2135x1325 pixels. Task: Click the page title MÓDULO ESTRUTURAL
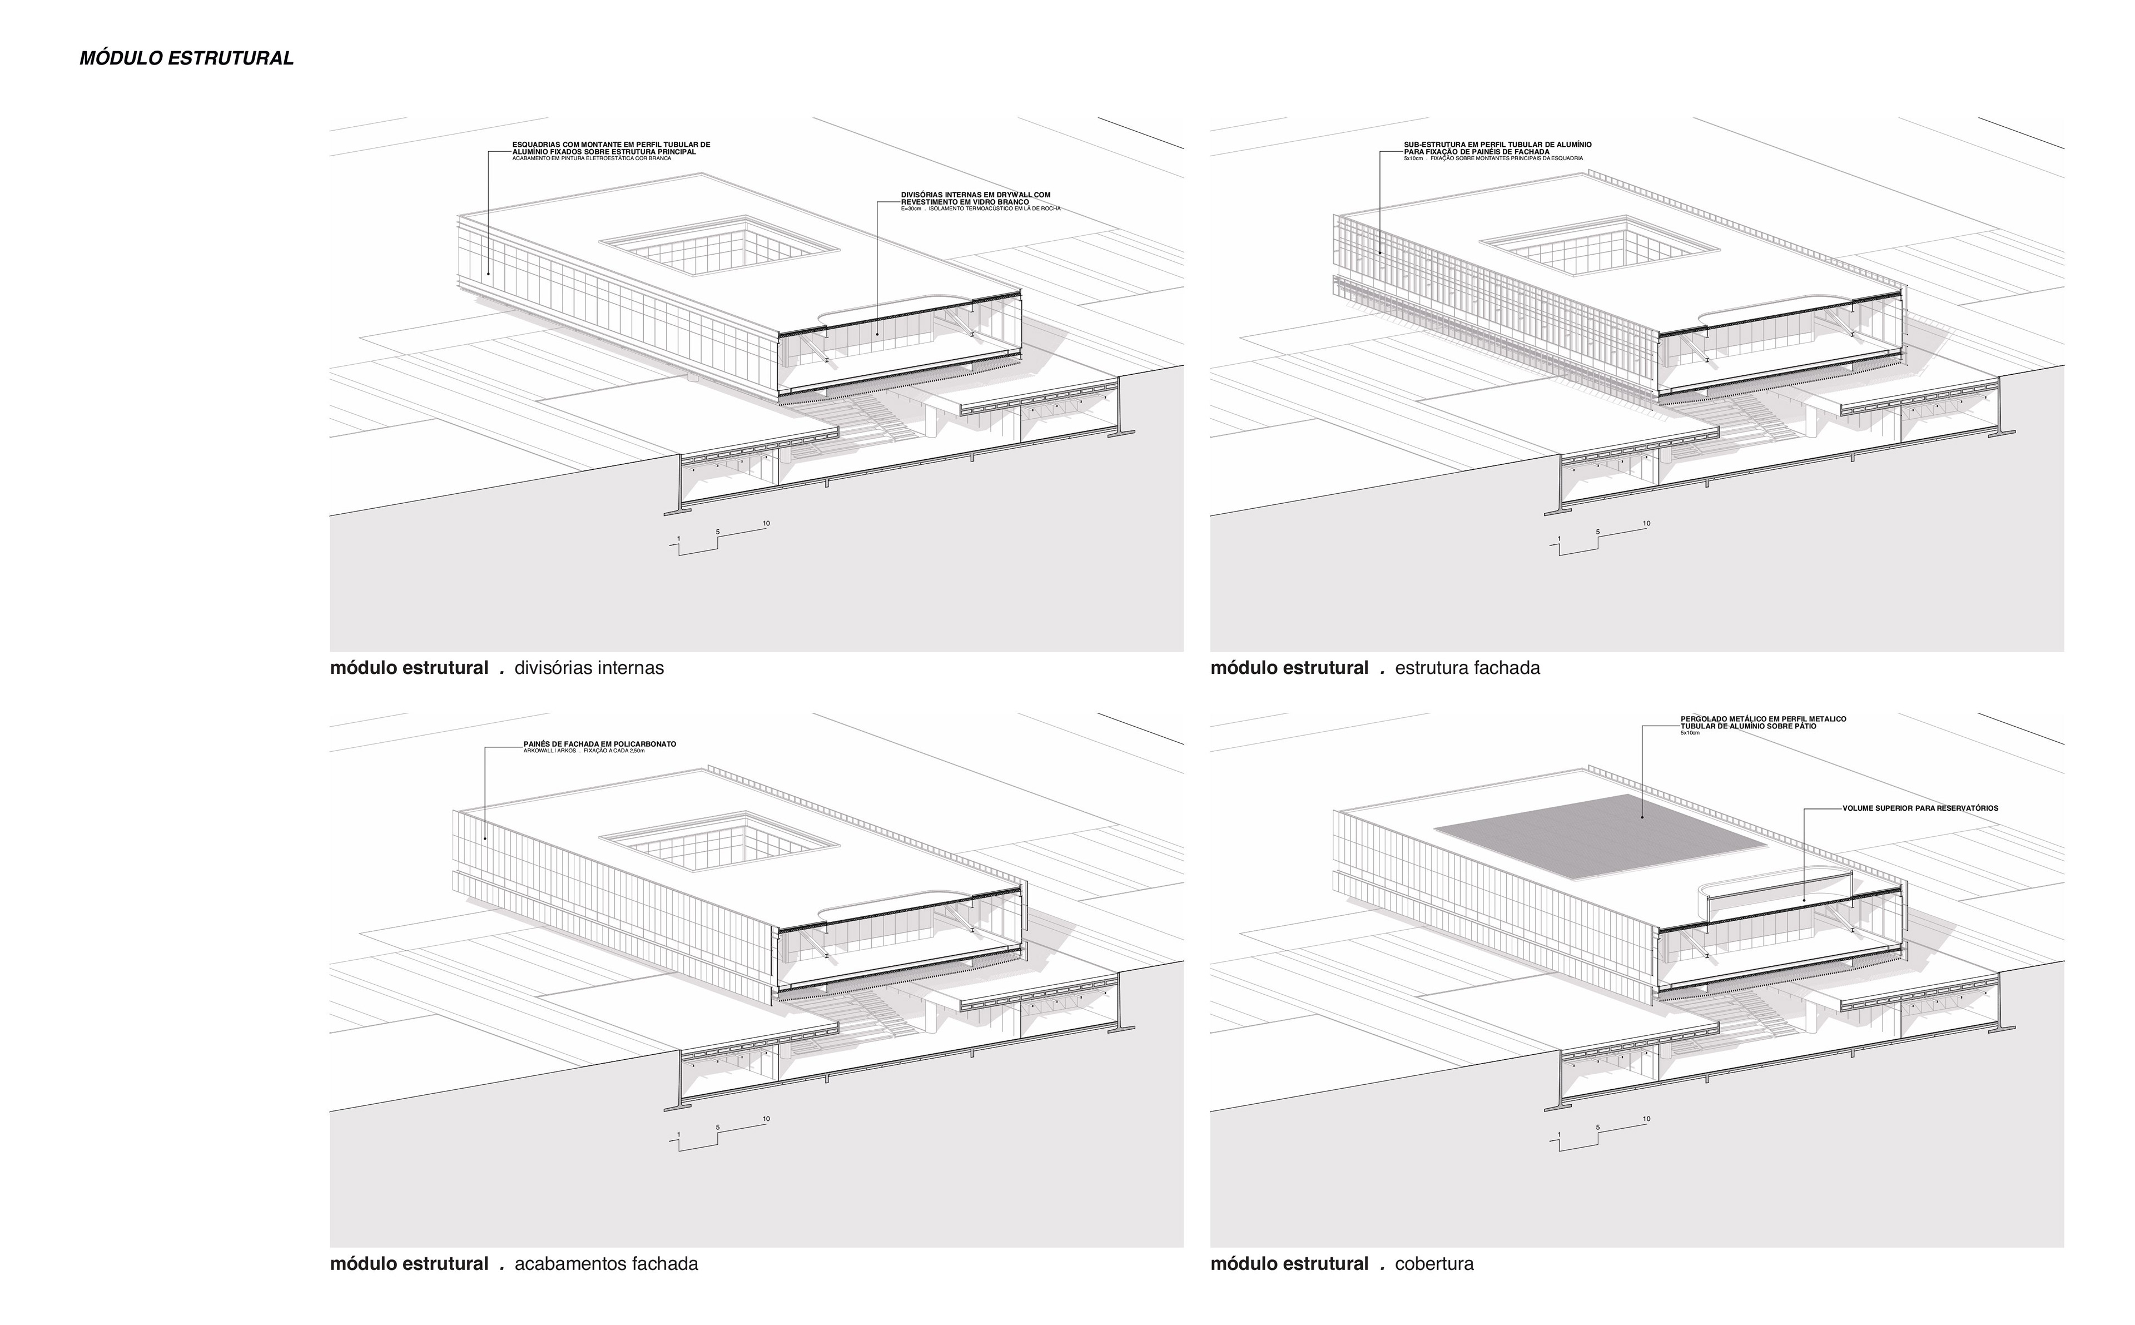186,59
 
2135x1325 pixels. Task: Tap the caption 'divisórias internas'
589,668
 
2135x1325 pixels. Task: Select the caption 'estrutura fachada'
1467,668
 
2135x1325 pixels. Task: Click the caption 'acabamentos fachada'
606,1264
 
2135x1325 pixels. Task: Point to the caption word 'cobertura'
1433,1264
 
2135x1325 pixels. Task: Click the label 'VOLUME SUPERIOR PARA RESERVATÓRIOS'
1919,808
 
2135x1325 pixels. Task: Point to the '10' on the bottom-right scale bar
1646,1119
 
